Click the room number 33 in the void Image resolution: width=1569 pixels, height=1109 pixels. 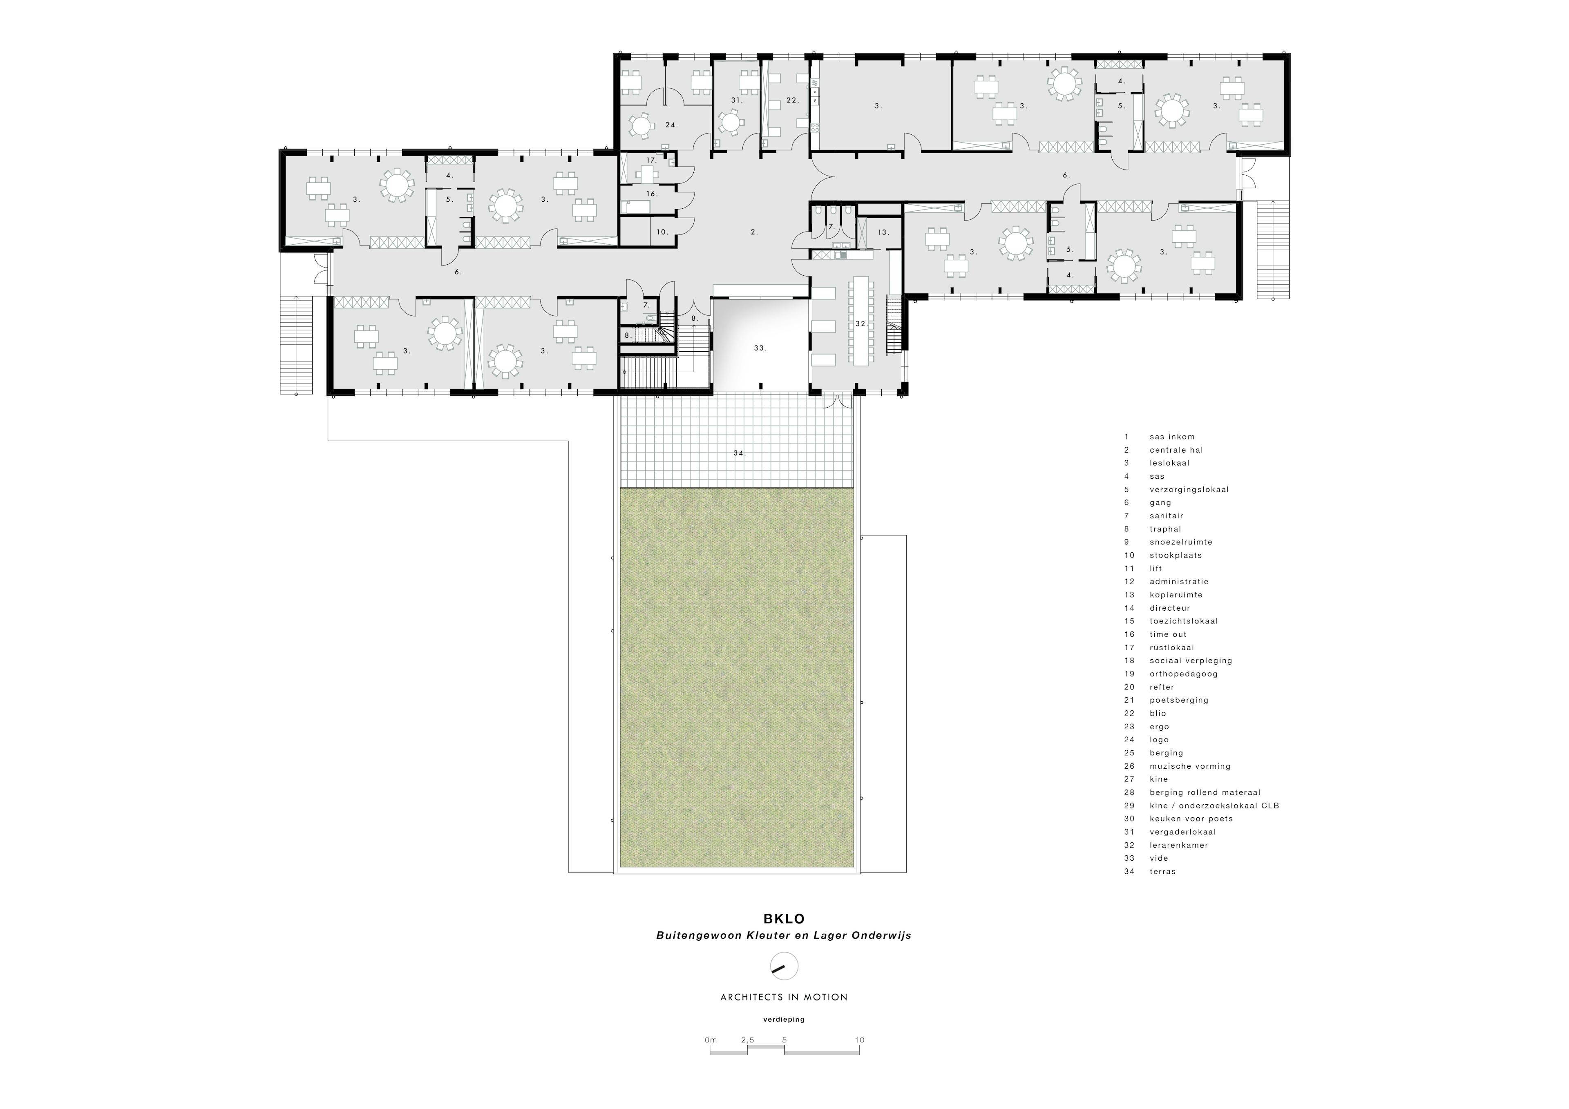[760, 348]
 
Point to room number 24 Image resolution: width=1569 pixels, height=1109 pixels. [671, 125]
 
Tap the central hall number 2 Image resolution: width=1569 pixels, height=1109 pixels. [754, 232]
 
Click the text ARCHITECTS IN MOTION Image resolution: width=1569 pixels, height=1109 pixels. [784, 997]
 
